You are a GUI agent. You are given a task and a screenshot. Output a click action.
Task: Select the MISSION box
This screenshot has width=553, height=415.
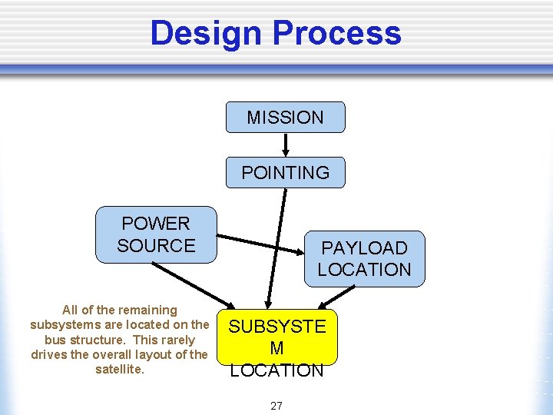(285, 118)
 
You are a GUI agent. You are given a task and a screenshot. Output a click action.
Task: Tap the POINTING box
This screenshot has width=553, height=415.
(285, 173)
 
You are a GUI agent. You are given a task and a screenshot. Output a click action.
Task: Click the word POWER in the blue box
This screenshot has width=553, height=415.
(156, 224)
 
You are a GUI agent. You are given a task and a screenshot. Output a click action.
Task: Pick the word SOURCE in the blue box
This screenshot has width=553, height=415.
(156, 246)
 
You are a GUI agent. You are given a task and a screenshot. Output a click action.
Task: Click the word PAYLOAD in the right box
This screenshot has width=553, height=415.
(364, 248)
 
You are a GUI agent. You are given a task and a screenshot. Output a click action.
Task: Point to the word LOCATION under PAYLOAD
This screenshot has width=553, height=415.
(364, 270)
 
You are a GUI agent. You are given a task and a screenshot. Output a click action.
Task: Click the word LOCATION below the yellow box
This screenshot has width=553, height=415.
(277, 370)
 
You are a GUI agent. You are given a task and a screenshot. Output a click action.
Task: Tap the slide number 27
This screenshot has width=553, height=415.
(276, 405)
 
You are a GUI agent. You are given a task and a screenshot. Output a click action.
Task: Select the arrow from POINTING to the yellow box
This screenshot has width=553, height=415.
(276, 246)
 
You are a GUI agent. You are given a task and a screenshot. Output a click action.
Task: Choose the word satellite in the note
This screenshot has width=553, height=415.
(119, 369)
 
